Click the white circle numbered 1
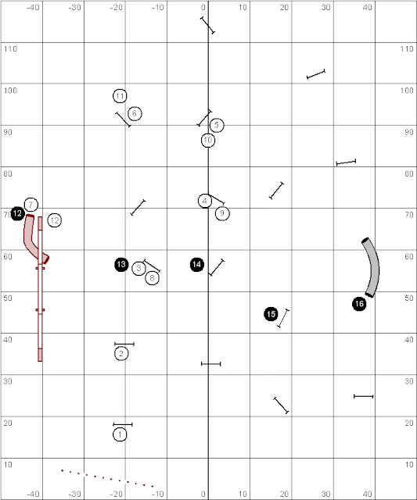[120, 434]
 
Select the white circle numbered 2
[121, 354]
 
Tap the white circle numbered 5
[217, 125]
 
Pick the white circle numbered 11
[120, 96]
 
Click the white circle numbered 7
[31, 205]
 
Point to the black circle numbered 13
[121, 264]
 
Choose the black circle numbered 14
[196, 264]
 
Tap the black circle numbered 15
[271, 314]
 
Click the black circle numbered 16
[359, 304]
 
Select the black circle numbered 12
[17, 213]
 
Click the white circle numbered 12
[55, 220]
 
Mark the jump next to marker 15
[283, 318]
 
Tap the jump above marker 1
[123, 424]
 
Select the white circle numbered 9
[222, 213]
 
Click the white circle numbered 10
[208, 140]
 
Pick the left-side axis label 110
[10, 48]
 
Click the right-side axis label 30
[408, 381]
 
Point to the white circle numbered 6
[135, 113]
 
